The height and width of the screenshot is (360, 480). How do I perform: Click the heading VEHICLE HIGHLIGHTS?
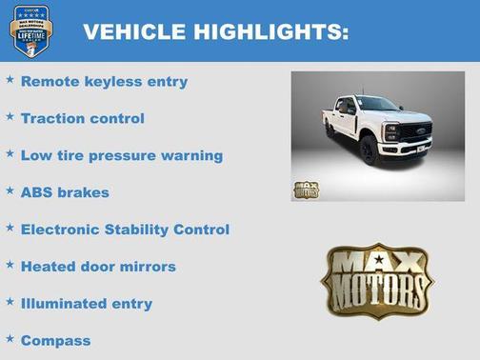[215, 32]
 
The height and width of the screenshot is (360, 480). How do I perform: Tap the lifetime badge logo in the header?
[30, 30]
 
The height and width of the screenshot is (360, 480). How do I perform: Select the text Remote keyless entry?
[104, 82]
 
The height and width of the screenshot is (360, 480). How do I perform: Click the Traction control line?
[82, 119]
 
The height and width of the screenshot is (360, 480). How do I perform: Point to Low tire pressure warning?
[121, 155]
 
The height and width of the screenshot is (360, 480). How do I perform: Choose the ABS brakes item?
[65, 192]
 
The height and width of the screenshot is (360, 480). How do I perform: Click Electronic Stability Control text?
[125, 230]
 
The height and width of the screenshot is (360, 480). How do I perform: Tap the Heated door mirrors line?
[98, 267]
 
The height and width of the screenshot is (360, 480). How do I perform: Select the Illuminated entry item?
[86, 304]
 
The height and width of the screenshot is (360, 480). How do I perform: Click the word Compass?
[55, 340]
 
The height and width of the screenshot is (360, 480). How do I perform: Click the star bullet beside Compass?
[10, 338]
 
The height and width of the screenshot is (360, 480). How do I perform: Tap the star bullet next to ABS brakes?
[10, 190]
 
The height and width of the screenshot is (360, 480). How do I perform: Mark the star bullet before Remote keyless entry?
[10, 80]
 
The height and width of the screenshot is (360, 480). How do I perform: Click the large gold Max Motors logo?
[376, 281]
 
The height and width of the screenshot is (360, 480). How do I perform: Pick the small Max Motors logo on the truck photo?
[306, 188]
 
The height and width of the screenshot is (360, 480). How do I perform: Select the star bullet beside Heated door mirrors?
[10, 265]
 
